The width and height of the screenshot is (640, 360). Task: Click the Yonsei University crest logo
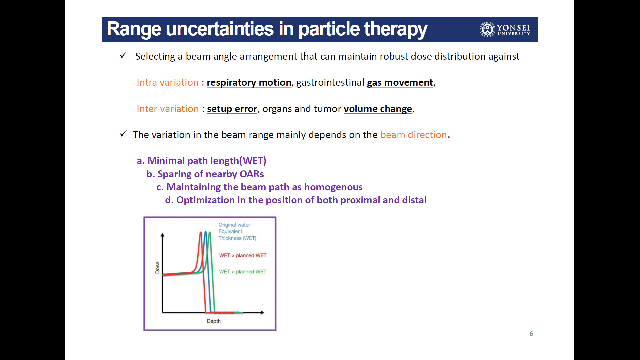[x=487, y=29]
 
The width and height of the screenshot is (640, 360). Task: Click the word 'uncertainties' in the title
[x=220, y=29]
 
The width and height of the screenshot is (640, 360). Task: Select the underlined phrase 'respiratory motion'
[x=249, y=82]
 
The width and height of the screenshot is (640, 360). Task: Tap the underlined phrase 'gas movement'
[x=400, y=82]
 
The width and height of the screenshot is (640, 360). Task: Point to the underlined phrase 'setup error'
[x=232, y=109]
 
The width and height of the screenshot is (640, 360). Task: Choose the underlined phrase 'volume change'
[x=378, y=109]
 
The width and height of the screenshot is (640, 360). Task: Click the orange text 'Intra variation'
[x=167, y=82]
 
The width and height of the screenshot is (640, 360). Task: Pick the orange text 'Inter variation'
[x=168, y=109]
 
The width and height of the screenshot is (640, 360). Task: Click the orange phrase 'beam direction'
[x=414, y=135]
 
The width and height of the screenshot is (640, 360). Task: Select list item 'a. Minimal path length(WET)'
[x=202, y=161]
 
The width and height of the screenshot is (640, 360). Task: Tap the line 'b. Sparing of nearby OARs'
[x=205, y=174]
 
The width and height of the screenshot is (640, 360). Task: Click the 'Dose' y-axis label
[x=157, y=268]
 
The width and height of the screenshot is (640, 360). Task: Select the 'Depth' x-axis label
[x=214, y=321]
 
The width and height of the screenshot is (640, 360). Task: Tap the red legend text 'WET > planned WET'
[x=243, y=255]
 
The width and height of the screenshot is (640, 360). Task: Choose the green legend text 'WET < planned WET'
[x=243, y=272]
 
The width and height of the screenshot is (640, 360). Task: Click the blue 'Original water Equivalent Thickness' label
[x=237, y=231]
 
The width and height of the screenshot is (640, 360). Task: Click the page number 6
[x=531, y=334]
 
